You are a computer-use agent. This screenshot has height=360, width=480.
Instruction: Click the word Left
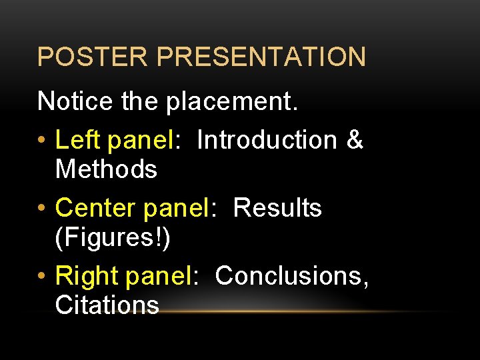tap(77, 140)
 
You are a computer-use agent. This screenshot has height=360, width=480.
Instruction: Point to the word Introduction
tap(267, 140)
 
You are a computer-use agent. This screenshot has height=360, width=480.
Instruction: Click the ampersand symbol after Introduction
tap(355, 140)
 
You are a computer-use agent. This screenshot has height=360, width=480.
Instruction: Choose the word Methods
tap(106, 169)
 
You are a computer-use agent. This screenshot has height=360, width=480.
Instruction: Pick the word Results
tap(277, 208)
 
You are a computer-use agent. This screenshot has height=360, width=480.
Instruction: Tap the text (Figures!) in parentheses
tap(113, 238)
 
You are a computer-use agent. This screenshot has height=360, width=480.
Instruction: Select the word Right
tap(85, 275)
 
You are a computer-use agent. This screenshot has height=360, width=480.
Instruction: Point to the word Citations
tap(107, 305)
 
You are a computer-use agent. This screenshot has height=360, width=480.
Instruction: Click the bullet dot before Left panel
tap(43, 141)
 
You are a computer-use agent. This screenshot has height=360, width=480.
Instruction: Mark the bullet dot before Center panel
tap(43, 209)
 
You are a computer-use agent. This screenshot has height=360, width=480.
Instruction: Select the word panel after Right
tap(160, 275)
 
